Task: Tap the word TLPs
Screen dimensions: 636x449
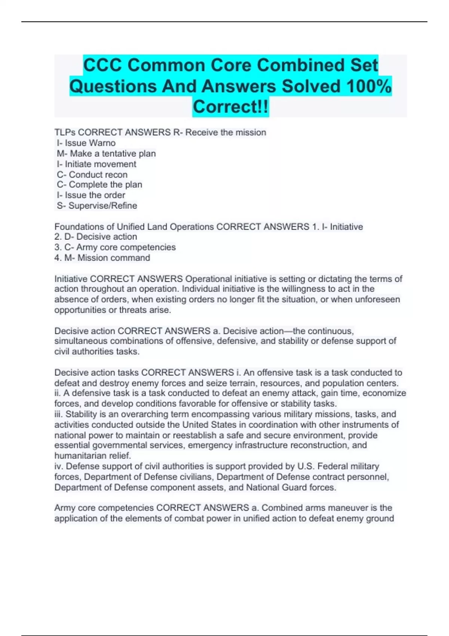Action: (65, 132)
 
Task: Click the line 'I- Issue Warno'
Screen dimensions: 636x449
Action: (86, 143)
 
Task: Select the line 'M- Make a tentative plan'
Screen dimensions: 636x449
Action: (106, 153)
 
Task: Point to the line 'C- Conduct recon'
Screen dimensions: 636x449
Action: (92, 174)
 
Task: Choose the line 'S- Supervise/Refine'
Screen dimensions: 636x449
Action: (97, 205)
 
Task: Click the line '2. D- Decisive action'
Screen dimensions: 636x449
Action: (96, 237)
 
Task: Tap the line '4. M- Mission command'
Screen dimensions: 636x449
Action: (102, 258)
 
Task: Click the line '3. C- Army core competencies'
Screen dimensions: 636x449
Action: (115, 247)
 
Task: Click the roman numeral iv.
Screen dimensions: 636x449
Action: (59, 466)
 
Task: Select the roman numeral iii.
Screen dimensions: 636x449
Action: (59, 414)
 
